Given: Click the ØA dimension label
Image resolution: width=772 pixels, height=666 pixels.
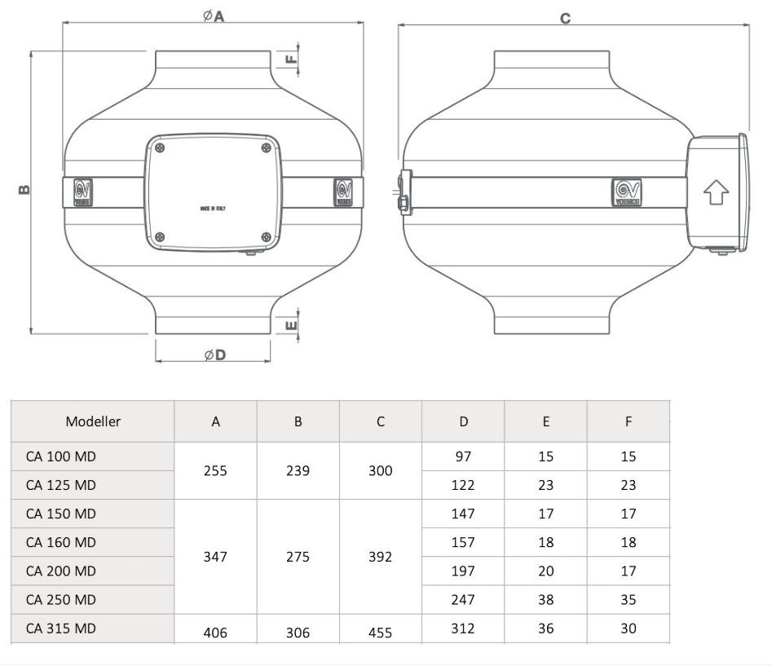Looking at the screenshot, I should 214,15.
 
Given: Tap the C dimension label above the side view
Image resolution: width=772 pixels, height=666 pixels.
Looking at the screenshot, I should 565,17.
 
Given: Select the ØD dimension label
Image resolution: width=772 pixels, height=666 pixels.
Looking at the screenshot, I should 214,355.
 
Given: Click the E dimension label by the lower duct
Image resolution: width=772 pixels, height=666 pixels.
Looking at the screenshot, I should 293,325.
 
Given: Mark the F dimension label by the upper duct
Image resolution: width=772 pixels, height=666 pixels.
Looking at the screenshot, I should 293,59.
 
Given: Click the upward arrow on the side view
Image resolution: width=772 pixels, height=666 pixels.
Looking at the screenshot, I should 716,192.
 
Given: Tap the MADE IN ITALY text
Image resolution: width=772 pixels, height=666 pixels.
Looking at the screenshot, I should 213,209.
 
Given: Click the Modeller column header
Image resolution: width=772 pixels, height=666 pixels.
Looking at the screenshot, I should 93,421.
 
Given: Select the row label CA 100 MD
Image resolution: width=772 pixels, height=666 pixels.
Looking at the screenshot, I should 61,456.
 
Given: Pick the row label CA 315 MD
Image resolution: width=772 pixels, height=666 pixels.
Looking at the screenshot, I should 61,629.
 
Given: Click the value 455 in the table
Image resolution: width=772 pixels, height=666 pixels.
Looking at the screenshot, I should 381,632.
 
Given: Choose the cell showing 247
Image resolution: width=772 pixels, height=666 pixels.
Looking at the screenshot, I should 463,600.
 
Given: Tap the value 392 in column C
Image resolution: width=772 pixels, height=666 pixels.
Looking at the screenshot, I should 381,557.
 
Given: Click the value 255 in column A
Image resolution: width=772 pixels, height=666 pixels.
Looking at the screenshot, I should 216,470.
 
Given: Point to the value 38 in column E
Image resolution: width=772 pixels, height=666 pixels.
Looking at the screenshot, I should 545,600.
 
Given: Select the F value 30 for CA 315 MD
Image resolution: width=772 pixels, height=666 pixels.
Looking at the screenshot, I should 628,629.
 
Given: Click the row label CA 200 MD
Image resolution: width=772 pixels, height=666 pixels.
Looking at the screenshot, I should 61,571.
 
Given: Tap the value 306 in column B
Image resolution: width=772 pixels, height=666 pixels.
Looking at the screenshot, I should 298,632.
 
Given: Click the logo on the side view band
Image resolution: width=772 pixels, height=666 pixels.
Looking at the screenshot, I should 627,192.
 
